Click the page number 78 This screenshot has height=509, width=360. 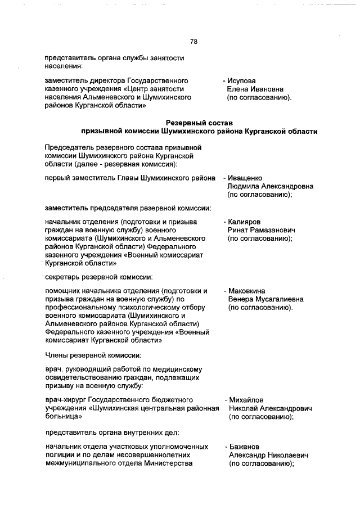[x=193, y=42]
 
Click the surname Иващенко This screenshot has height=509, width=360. [x=246, y=178]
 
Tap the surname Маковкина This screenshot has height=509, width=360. [x=247, y=291]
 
